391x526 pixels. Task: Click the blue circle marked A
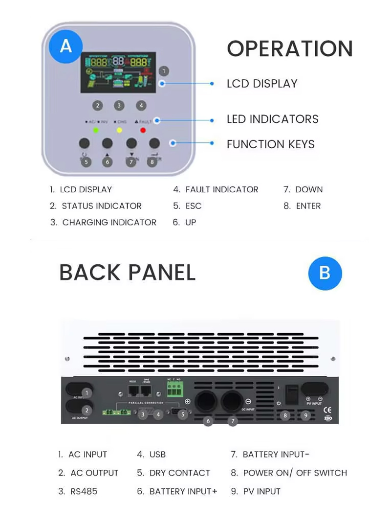click(65, 46)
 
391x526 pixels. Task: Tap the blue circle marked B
click(325, 273)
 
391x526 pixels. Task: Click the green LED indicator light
click(96, 130)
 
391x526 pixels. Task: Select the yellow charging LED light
click(119, 130)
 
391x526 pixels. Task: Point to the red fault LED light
click(143, 130)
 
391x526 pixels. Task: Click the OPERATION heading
click(290, 49)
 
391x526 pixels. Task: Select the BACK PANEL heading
click(127, 273)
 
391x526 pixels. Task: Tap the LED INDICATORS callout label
click(272, 119)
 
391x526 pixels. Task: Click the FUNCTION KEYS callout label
click(270, 144)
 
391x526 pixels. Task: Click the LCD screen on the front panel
click(118, 73)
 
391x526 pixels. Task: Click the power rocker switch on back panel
click(291, 394)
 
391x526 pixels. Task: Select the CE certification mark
click(328, 410)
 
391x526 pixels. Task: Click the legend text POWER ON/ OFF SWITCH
click(295, 473)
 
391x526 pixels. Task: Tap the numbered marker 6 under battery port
click(208, 421)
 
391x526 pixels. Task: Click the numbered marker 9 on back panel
click(306, 415)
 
